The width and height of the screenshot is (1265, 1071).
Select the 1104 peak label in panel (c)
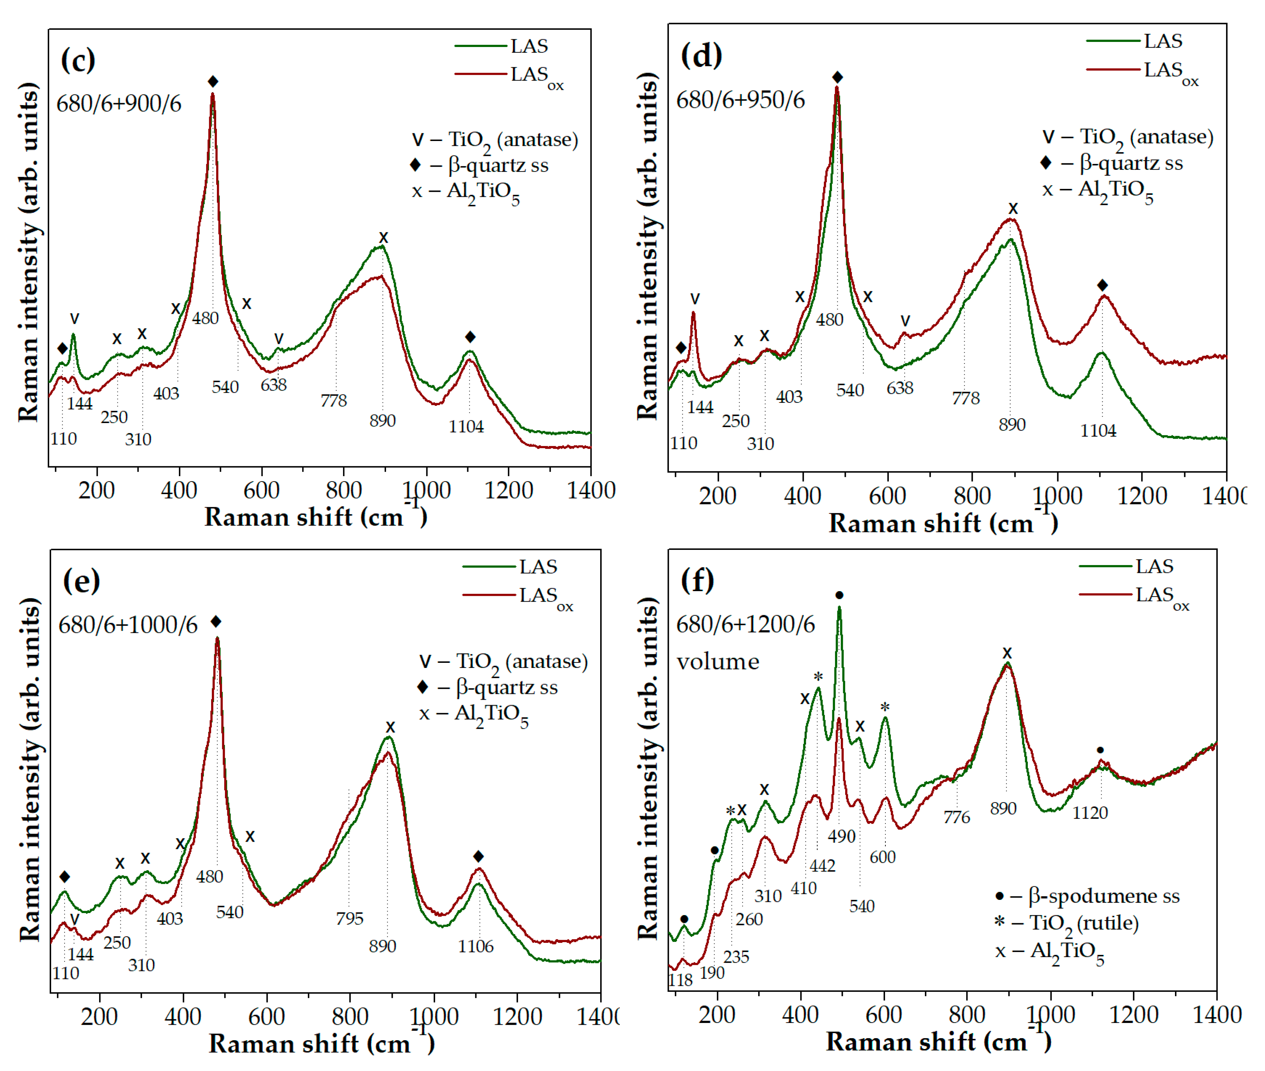[466, 427]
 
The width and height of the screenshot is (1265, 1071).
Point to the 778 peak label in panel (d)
[965, 398]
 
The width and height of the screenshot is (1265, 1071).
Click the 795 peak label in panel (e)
[349, 918]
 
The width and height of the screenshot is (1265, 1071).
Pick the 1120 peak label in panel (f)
[1089, 812]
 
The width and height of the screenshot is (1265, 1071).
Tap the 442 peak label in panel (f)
[822, 865]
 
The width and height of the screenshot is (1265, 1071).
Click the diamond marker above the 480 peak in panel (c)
[212, 82]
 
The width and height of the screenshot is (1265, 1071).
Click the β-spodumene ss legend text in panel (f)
[1104, 896]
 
